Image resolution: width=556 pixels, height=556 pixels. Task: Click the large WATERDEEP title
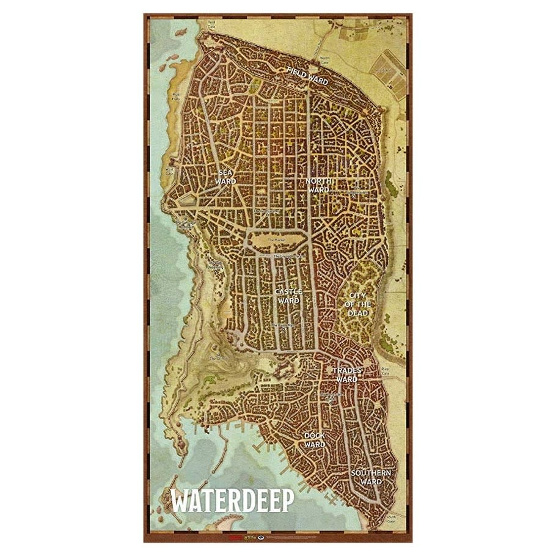233,500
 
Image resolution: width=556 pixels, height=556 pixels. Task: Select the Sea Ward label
227,177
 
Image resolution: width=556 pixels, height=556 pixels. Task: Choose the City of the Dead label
358,304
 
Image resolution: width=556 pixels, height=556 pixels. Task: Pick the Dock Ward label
315,440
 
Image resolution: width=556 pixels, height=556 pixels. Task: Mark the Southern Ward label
371,477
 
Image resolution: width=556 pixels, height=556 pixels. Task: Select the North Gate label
324,59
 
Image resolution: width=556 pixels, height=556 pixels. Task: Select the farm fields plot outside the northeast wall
391,72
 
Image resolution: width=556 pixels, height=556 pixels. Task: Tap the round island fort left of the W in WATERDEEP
161,510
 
